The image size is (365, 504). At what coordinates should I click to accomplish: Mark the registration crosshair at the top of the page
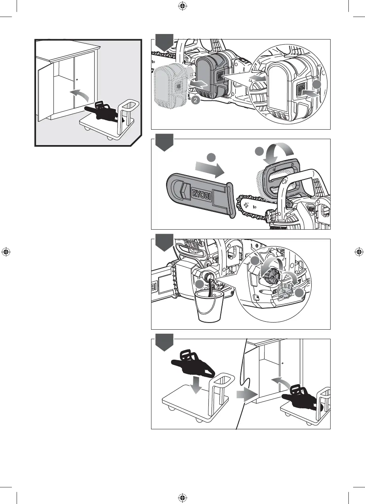point(182,6)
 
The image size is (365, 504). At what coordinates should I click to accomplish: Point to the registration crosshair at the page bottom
point(182,497)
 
